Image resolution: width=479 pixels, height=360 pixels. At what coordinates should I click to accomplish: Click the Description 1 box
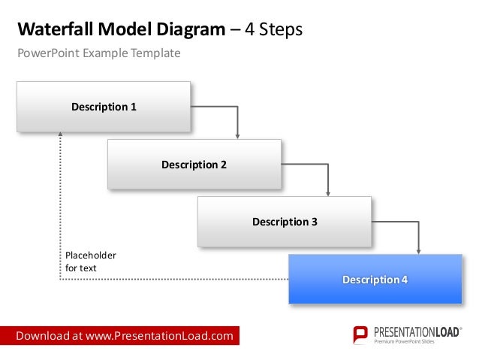pyautogui.click(x=104, y=107)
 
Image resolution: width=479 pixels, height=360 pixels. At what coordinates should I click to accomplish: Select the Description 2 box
pyautogui.click(x=194, y=164)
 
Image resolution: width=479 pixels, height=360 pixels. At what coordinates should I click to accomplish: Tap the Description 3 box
pyautogui.click(x=285, y=222)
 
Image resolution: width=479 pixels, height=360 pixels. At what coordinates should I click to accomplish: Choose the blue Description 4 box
pyautogui.click(x=375, y=280)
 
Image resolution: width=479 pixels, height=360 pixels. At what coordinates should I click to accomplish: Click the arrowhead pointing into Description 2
pyautogui.click(x=238, y=136)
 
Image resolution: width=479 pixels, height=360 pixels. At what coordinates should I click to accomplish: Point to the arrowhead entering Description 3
pyautogui.click(x=328, y=193)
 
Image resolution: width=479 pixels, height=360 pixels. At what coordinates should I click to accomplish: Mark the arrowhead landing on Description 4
pyautogui.click(x=418, y=250)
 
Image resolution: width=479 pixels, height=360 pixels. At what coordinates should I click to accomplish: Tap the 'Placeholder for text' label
pyautogui.click(x=91, y=262)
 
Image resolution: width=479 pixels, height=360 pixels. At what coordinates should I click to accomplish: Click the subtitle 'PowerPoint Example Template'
pyautogui.click(x=99, y=53)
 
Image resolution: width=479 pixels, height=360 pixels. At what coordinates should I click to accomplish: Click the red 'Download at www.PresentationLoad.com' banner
pyautogui.click(x=125, y=336)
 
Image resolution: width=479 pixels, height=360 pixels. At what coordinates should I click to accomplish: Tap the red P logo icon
pyautogui.click(x=361, y=335)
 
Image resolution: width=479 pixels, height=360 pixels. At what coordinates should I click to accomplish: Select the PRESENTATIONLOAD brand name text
pyautogui.click(x=416, y=331)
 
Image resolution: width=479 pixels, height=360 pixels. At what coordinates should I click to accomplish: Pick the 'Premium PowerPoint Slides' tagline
pyautogui.click(x=405, y=343)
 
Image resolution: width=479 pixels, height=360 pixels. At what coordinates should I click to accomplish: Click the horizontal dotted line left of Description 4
pyautogui.click(x=173, y=280)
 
